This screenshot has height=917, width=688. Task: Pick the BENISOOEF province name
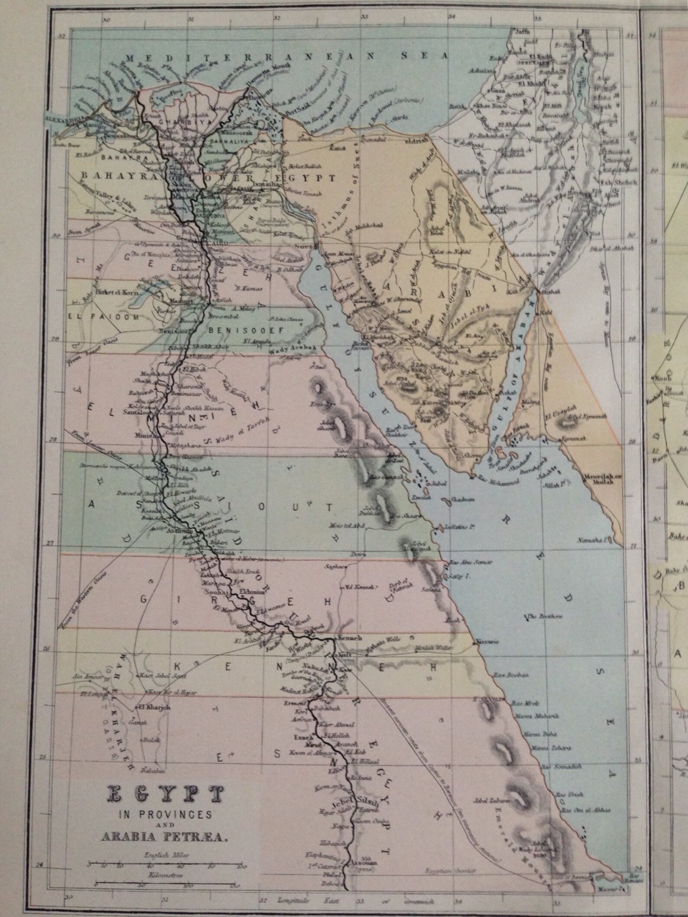tap(246, 331)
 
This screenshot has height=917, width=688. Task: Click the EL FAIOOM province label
tap(103, 317)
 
